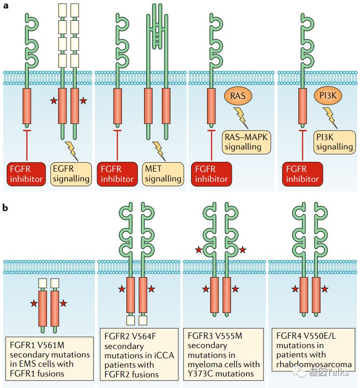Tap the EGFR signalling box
tap(70, 174)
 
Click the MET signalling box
tap(163, 174)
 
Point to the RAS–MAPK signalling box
tap(246, 141)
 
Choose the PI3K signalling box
tap(335, 141)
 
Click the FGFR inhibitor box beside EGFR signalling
tap(25, 174)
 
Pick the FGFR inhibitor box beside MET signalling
tap(117, 174)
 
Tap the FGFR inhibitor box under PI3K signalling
tap(302, 174)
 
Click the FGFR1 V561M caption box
tap(50, 358)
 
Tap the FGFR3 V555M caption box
tap(223, 354)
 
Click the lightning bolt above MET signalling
tap(159, 151)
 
